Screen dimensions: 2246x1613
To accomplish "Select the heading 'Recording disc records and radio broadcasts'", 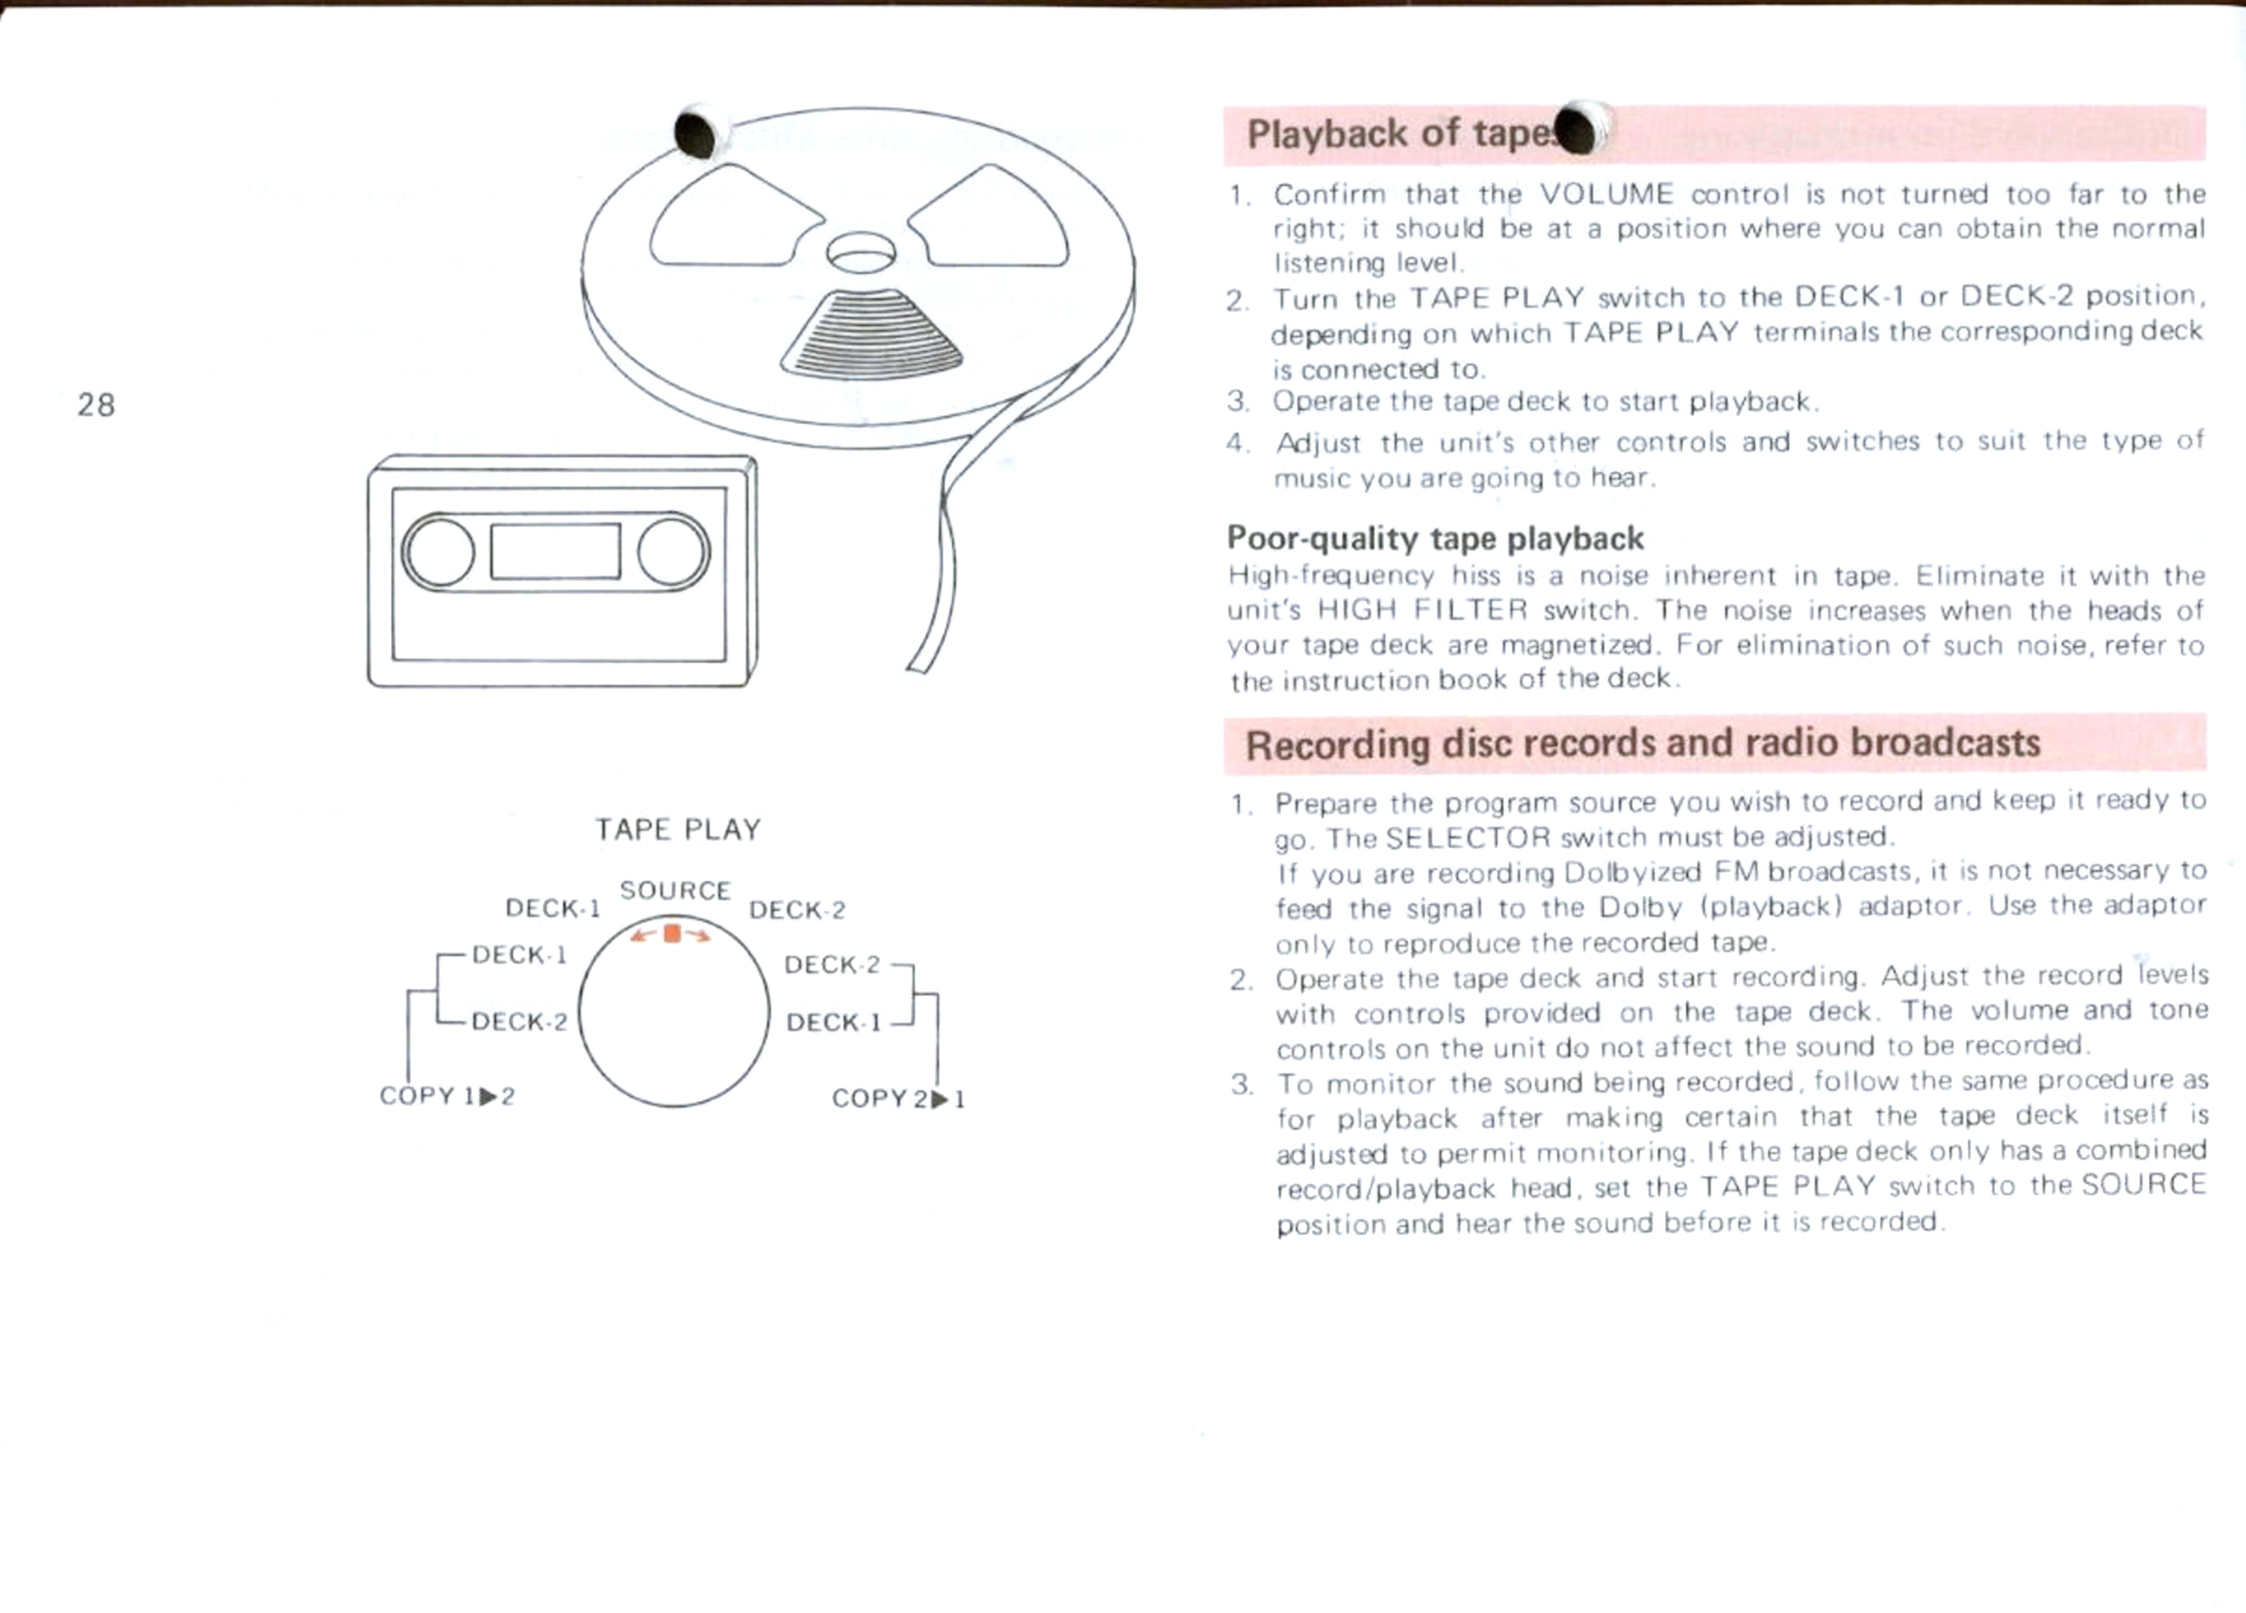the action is click(1643, 742).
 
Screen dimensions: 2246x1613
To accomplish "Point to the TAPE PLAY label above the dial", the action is click(678, 829).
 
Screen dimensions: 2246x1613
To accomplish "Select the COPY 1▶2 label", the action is click(448, 1095).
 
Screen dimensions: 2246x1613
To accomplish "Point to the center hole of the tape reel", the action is click(861, 253).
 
